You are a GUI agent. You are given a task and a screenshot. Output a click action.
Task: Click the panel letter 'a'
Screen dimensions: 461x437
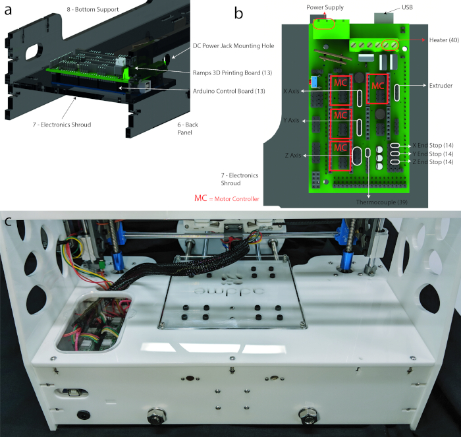click(x=8, y=10)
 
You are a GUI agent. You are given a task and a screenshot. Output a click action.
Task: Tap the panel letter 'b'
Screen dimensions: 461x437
click(x=238, y=13)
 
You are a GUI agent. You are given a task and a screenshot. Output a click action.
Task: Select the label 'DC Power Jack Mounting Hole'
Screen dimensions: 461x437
click(x=233, y=46)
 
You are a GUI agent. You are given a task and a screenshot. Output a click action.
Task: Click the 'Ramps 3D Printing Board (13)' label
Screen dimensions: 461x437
click(x=232, y=73)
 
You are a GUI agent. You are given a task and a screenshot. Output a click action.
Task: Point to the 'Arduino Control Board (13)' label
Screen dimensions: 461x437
click(x=229, y=91)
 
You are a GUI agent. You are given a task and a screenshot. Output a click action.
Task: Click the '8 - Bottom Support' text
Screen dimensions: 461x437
click(x=93, y=9)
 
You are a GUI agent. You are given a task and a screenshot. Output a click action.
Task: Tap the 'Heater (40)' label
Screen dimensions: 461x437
click(x=444, y=40)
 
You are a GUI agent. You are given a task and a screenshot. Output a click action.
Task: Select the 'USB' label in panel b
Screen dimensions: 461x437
click(x=407, y=7)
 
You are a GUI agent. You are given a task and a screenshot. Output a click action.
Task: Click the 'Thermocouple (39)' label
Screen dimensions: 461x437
click(x=381, y=202)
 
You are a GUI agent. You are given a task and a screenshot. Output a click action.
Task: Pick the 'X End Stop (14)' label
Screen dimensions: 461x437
click(x=433, y=146)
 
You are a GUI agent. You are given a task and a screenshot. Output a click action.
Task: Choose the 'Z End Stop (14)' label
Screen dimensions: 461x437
click(x=433, y=162)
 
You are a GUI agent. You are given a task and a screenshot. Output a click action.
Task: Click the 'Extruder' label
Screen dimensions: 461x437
click(x=441, y=86)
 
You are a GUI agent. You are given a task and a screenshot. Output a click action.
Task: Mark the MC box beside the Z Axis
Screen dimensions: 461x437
click(x=340, y=156)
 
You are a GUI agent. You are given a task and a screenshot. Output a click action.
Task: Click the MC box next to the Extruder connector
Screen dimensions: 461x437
click(x=377, y=88)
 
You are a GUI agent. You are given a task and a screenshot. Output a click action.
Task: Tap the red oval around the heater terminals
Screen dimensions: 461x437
click(x=390, y=45)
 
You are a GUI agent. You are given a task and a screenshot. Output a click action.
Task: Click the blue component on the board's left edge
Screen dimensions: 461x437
click(x=315, y=82)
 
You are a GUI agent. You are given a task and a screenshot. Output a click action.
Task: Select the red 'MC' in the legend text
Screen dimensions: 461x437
click(x=200, y=198)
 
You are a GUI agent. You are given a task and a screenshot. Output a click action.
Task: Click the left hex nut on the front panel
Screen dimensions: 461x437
click(x=157, y=416)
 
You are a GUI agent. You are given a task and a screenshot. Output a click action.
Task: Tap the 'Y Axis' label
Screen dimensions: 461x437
click(x=291, y=121)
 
